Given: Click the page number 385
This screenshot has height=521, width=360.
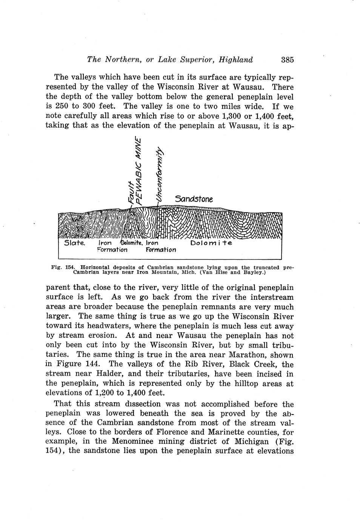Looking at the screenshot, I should click(287, 60).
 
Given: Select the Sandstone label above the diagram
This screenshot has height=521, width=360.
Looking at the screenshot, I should click(194, 199).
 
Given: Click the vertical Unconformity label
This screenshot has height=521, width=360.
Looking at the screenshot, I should click(160, 174).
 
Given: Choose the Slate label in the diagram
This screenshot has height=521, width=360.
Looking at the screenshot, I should click(75, 243).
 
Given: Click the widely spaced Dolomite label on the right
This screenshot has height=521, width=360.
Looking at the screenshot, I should click(211, 243).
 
